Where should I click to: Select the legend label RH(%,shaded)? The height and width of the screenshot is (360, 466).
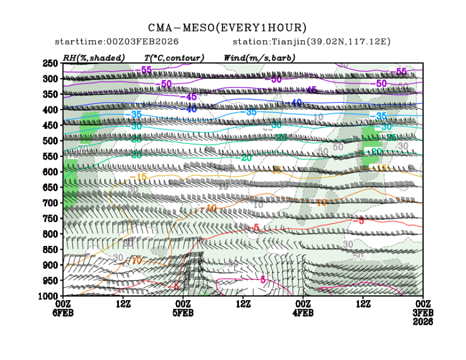coord(93,58)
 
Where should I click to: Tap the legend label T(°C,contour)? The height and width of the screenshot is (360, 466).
coord(174,58)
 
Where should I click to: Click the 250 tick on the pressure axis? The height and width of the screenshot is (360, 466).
coord(51,64)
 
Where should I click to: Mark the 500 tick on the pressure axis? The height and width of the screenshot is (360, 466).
coord(51,141)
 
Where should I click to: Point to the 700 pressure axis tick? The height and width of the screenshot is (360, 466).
coord(51,203)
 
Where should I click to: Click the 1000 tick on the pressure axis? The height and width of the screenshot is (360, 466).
coord(49,296)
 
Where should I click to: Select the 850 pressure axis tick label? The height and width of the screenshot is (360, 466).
coord(51,250)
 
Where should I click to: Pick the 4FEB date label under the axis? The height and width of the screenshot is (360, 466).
coord(303,313)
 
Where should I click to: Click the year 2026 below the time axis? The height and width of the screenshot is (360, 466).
coord(422,322)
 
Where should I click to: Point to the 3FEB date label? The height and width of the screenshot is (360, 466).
coord(422,313)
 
